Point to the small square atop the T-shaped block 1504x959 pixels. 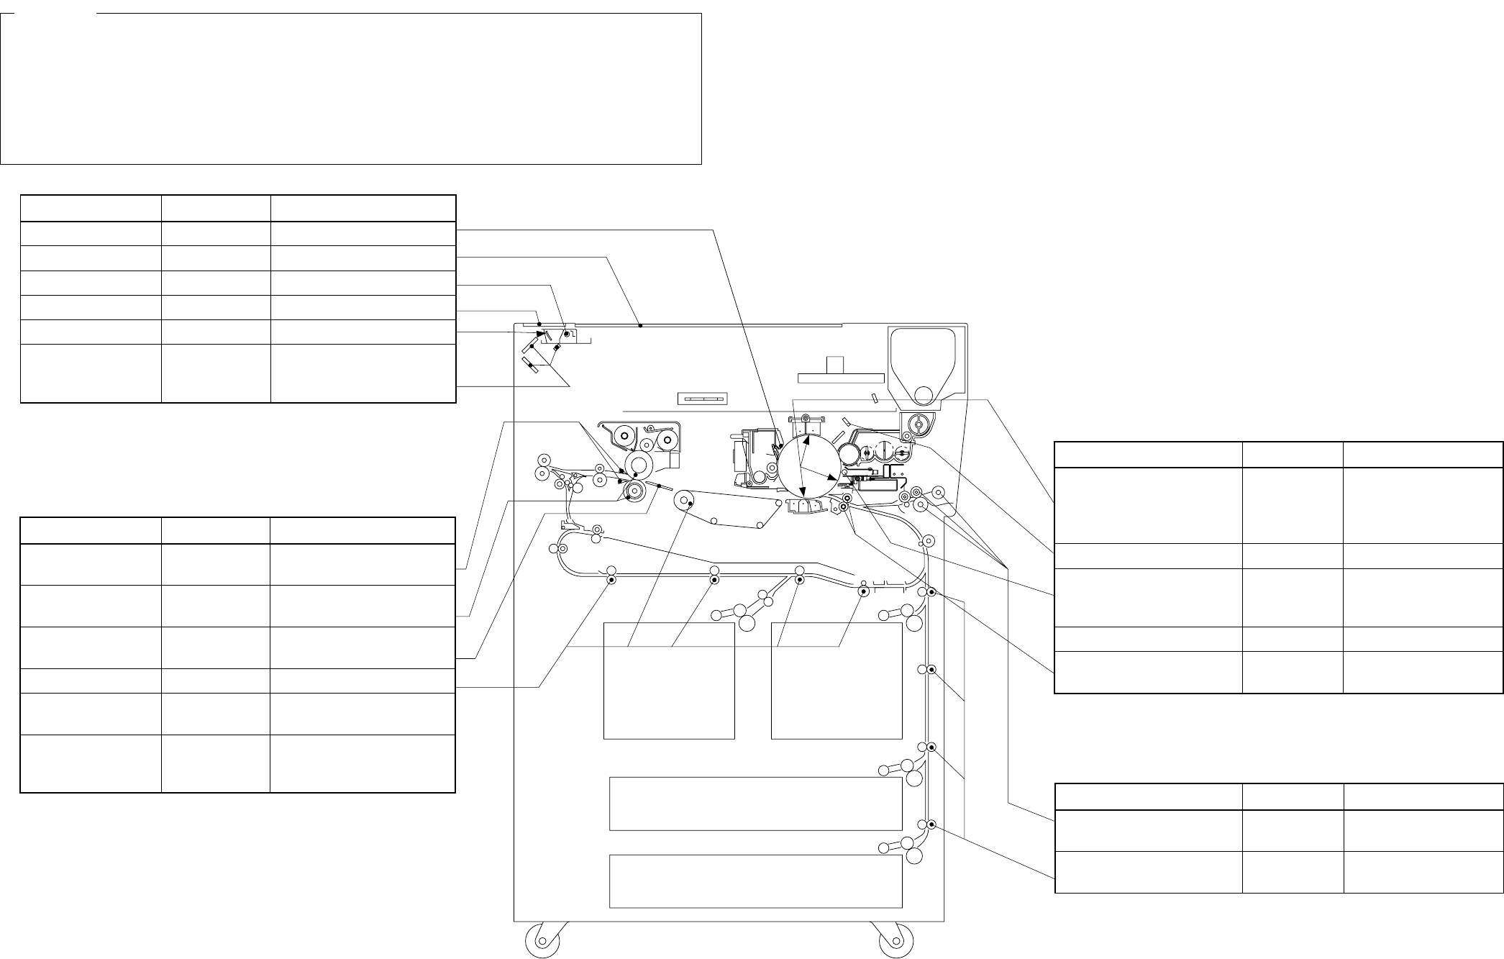coord(834,365)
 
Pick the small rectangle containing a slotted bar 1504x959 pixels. coord(703,399)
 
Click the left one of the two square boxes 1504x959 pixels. coord(668,681)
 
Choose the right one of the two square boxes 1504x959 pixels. coord(837,681)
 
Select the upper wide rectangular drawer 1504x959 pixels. coord(755,804)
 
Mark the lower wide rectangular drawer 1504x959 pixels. coord(755,881)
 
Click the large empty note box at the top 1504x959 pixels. coord(350,88)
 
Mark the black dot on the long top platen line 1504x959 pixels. coord(639,325)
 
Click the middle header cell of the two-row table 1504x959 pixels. coord(1293,796)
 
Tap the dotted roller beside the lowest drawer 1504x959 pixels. coord(931,824)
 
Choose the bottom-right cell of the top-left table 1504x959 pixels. coord(363,373)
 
